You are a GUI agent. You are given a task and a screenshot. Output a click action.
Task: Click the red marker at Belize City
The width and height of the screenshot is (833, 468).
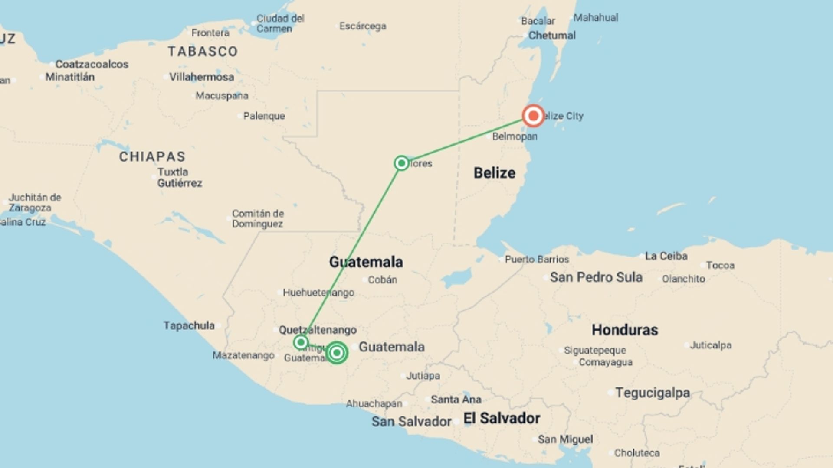[533, 116]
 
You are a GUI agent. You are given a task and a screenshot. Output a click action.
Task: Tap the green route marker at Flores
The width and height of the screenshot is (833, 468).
[401, 163]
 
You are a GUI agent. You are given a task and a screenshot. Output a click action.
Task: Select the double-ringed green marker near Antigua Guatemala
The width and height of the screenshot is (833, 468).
[337, 352]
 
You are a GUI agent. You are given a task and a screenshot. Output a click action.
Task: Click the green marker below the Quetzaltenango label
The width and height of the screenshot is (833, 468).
[301, 342]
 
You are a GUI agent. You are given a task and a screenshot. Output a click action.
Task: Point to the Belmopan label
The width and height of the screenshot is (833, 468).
[515, 136]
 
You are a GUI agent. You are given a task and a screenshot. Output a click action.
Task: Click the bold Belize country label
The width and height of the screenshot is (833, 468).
[494, 173]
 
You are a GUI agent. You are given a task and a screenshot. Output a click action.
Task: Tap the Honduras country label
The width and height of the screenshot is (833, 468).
[624, 330]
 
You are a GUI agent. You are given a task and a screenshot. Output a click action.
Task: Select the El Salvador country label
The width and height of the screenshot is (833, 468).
[502, 418]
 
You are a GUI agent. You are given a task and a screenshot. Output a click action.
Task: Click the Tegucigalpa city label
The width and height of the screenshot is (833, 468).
[652, 393]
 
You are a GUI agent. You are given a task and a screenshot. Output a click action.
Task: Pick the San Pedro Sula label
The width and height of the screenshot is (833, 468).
[596, 277]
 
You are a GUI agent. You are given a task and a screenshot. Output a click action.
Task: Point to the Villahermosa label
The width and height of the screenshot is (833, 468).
[201, 77]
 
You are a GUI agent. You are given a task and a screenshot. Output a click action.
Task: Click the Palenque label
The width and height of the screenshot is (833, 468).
[264, 116]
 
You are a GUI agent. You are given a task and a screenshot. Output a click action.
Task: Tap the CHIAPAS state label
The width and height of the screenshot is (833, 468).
[152, 156]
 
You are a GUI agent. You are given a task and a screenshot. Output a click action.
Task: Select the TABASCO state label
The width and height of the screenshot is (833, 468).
[203, 52]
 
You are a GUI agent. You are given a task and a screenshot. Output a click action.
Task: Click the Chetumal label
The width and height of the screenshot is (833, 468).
[551, 36]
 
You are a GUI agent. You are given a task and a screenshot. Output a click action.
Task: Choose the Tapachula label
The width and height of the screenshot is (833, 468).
[189, 325]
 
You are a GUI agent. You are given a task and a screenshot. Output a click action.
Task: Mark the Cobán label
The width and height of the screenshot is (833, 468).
[382, 280]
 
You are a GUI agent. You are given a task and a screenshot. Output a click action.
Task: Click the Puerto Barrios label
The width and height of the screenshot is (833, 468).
[537, 259]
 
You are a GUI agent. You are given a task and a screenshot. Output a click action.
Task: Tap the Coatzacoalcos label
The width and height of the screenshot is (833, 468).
[92, 65]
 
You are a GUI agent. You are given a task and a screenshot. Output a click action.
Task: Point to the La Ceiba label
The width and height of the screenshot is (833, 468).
[666, 256]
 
